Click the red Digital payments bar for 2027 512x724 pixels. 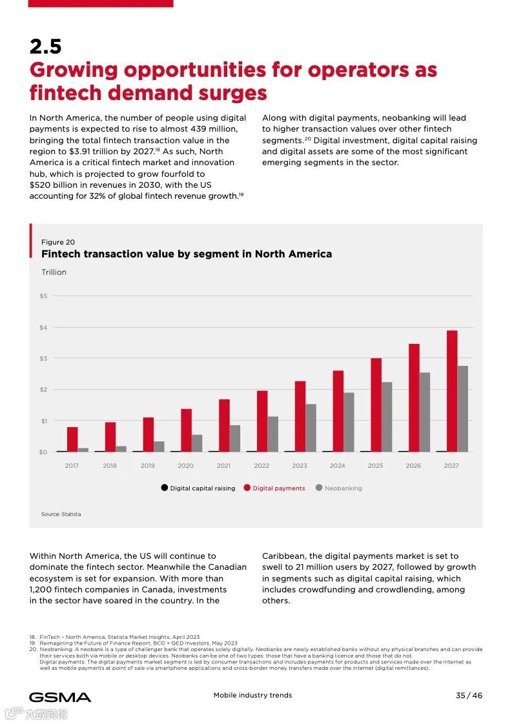pyautogui.click(x=452, y=391)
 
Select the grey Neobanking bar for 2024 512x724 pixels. pyautogui.click(x=349, y=422)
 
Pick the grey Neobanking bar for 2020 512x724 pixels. pyautogui.click(x=197, y=443)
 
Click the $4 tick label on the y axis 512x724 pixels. pyautogui.click(x=43, y=327)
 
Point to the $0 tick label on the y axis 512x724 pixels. pyautogui.click(x=43, y=452)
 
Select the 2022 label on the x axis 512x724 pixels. pyautogui.click(x=261, y=465)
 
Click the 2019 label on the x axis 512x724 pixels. pyautogui.click(x=148, y=465)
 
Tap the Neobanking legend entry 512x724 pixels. pyautogui.click(x=343, y=488)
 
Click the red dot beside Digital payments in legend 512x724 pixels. pyautogui.click(x=247, y=488)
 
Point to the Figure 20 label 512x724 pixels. pyautogui.click(x=57, y=242)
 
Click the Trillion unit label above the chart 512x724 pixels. pyautogui.click(x=54, y=272)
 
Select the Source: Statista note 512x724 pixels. pyautogui.click(x=61, y=514)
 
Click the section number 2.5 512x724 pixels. pyautogui.click(x=45, y=46)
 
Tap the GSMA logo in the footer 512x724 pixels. pyautogui.click(x=59, y=697)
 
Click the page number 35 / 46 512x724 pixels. pyautogui.click(x=469, y=695)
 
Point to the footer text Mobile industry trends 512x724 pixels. pyautogui.click(x=252, y=695)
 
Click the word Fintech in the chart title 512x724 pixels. pyautogui.click(x=61, y=254)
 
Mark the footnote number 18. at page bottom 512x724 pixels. pyautogui.click(x=32, y=637)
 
